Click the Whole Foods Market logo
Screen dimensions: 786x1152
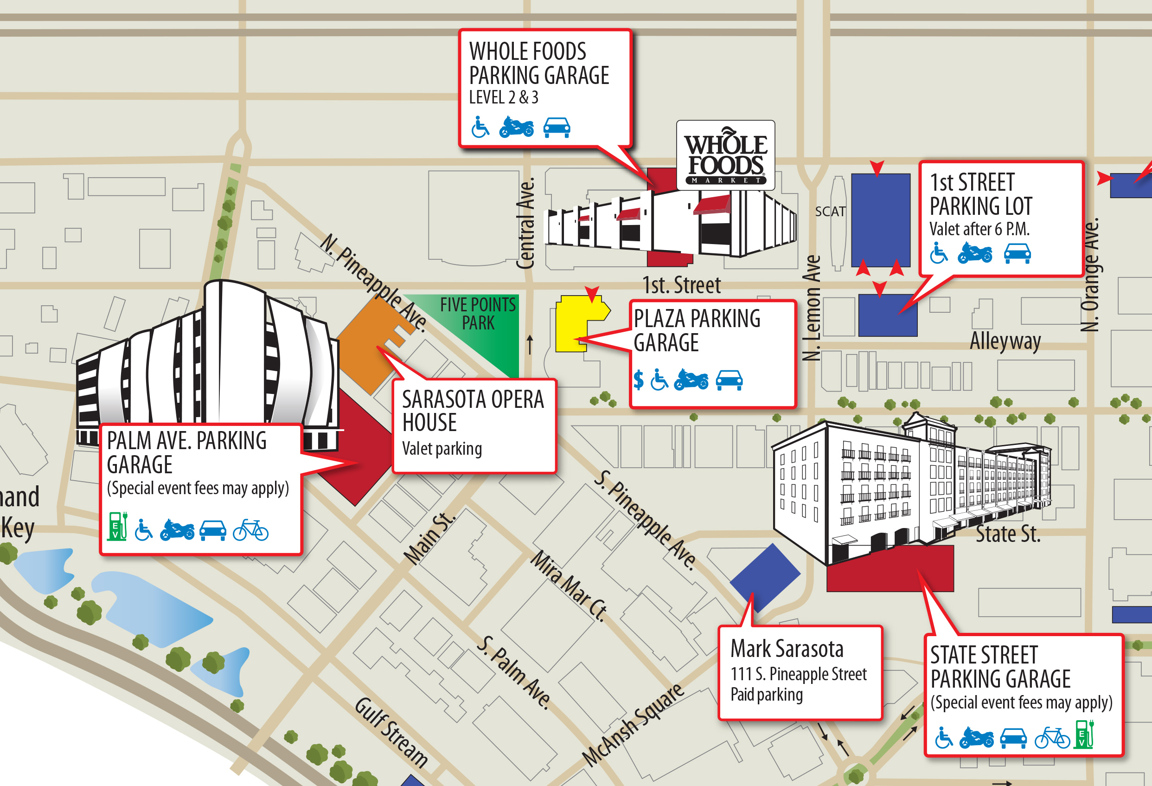[725, 155]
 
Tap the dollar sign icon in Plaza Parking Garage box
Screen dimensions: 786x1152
[639, 380]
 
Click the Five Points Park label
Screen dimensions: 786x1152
[478, 313]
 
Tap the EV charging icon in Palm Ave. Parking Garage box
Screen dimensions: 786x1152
[117, 526]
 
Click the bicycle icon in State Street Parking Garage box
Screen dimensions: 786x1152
[1052, 738]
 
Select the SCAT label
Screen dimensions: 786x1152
[830, 212]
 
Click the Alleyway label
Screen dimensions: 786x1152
[1005, 341]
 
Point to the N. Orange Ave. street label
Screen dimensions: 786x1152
[1090, 275]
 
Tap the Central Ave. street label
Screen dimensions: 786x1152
[526, 223]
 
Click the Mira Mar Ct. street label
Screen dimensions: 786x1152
[569, 586]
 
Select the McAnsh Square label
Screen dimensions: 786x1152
[634, 724]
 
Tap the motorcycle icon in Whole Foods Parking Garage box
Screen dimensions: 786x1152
[516, 127]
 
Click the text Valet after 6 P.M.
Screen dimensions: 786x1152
[979, 229]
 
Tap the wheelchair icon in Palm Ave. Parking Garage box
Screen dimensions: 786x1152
[144, 530]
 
